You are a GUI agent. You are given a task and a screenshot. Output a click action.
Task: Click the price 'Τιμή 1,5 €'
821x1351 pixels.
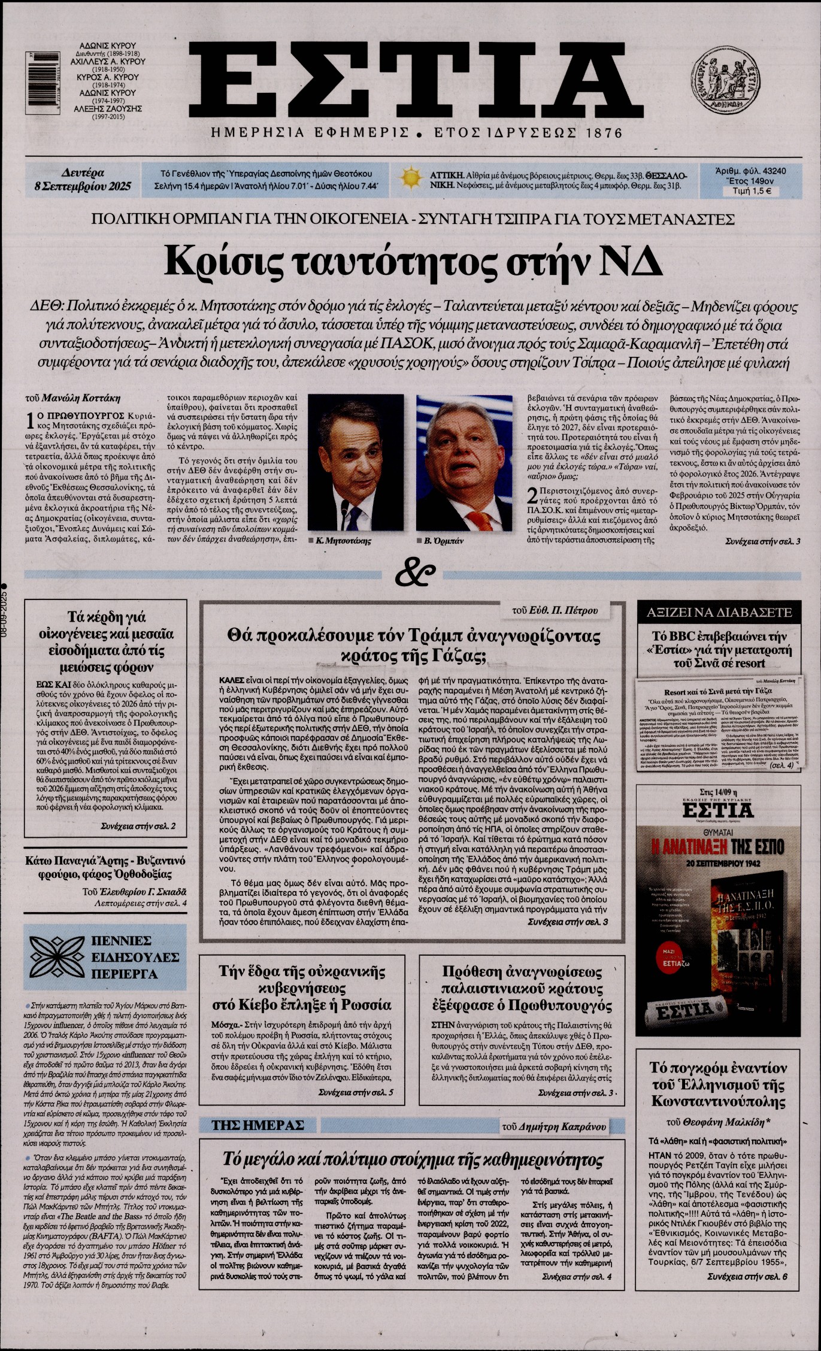(x=747, y=192)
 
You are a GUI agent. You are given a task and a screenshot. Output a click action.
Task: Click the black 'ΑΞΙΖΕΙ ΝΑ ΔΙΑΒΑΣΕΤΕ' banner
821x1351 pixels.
(x=719, y=612)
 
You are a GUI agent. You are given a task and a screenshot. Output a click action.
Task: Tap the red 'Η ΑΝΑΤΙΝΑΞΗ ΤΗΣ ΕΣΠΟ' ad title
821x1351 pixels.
(x=717, y=847)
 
